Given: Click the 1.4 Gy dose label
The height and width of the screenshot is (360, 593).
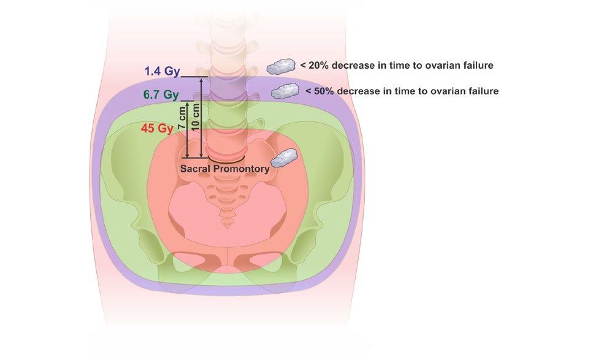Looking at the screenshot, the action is tap(162, 72).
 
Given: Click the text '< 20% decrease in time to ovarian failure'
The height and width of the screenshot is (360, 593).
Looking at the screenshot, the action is tap(397, 64).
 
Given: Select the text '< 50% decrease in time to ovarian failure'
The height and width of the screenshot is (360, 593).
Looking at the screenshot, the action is tap(402, 91).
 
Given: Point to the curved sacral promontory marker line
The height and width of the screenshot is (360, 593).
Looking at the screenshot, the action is tap(224, 159).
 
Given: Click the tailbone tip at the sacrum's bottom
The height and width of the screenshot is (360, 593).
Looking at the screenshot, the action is tap(229, 226).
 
